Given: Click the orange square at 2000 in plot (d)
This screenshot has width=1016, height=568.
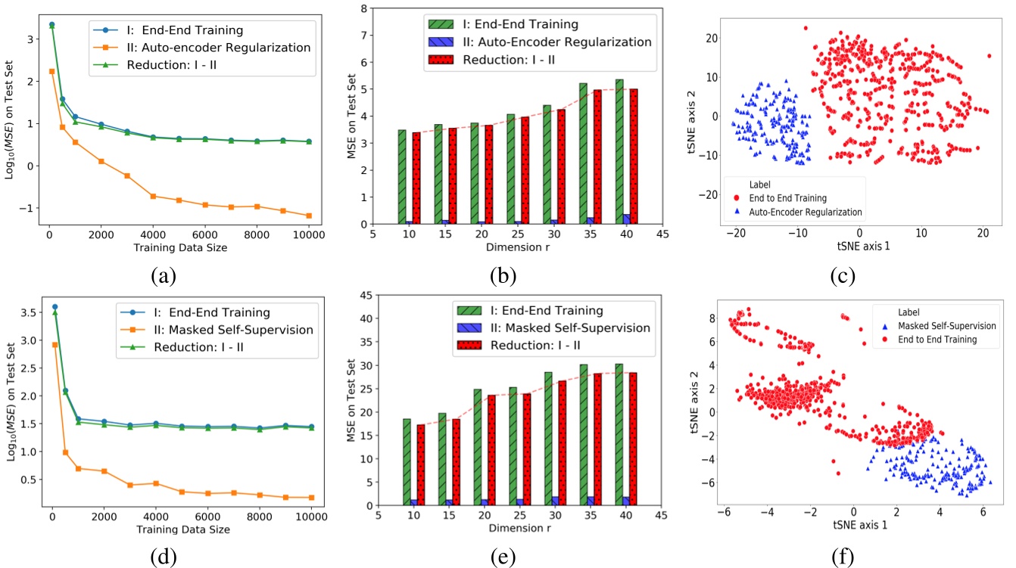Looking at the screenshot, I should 102,471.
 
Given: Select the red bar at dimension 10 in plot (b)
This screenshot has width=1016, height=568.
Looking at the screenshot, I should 417,178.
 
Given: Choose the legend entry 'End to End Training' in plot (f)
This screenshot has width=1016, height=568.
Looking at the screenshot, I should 940,340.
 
